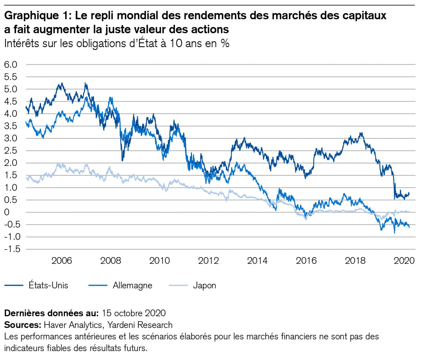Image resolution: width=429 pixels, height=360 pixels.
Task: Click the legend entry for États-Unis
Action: [x=48, y=285]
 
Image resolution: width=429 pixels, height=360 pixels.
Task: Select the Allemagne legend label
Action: [x=132, y=285]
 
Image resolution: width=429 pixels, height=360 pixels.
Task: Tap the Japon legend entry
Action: [x=204, y=285]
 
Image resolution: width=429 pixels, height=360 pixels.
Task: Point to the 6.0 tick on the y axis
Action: [x=11, y=64]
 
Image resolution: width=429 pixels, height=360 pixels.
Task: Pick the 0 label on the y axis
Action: [x=7, y=212]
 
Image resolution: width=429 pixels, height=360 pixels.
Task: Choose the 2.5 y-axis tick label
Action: [x=11, y=151]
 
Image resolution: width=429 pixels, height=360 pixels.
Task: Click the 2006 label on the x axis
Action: [x=61, y=260]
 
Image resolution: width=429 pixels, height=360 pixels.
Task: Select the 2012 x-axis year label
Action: [x=208, y=260]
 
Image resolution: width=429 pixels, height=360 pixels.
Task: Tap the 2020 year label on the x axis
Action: [x=404, y=260]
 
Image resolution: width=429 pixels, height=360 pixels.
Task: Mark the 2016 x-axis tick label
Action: [x=306, y=260]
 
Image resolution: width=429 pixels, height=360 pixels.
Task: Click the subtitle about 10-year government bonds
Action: [x=117, y=43]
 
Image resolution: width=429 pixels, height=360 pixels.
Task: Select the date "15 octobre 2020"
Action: [x=133, y=313]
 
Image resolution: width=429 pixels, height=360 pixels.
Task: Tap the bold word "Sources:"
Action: [x=22, y=325]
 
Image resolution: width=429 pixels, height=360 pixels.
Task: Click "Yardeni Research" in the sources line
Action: [x=140, y=325]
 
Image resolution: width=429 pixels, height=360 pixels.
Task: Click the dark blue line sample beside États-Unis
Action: [x=14, y=285]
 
